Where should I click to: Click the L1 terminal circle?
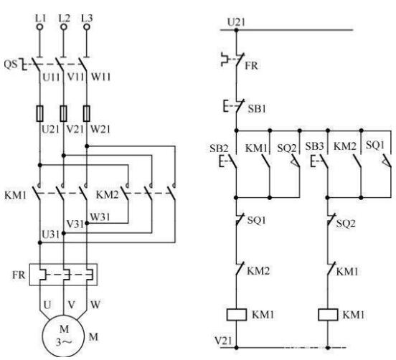pyautogui.click(x=39, y=27)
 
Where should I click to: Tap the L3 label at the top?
pyautogui.click(x=87, y=18)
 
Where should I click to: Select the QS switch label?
pyautogui.click(x=11, y=64)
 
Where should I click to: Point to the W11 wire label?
pyautogui.click(x=100, y=77)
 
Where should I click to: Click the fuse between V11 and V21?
pyautogui.click(x=63, y=113)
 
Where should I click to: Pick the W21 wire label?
pyautogui.click(x=100, y=129)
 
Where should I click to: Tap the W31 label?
pyautogui.click(x=100, y=217)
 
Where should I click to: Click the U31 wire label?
pyautogui.click(x=51, y=235)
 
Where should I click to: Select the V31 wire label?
pyautogui.click(x=75, y=224)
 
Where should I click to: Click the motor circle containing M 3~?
pyautogui.click(x=63, y=336)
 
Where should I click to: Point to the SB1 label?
pyautogui.click(x=257, y=108)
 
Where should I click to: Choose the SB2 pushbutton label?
pyautogui.click(x=219, y=148)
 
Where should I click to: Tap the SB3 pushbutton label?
pyautogui.click(x=314, y=146)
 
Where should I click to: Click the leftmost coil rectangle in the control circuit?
pyautogui.click(x=237, y=315)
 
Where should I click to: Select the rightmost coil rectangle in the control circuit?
pyautogui.click(x=328, y=315)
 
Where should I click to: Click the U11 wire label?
pyautogui.click(x=51, y=77)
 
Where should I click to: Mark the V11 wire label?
pyautogui.click(x=75, y=77)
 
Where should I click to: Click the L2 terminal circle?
pyautogui.click(x=64, y=27)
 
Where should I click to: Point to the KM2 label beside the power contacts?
pyautogui.click(x=107, y=194)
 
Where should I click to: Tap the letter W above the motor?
pyautogui.click(x=95, y=305)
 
